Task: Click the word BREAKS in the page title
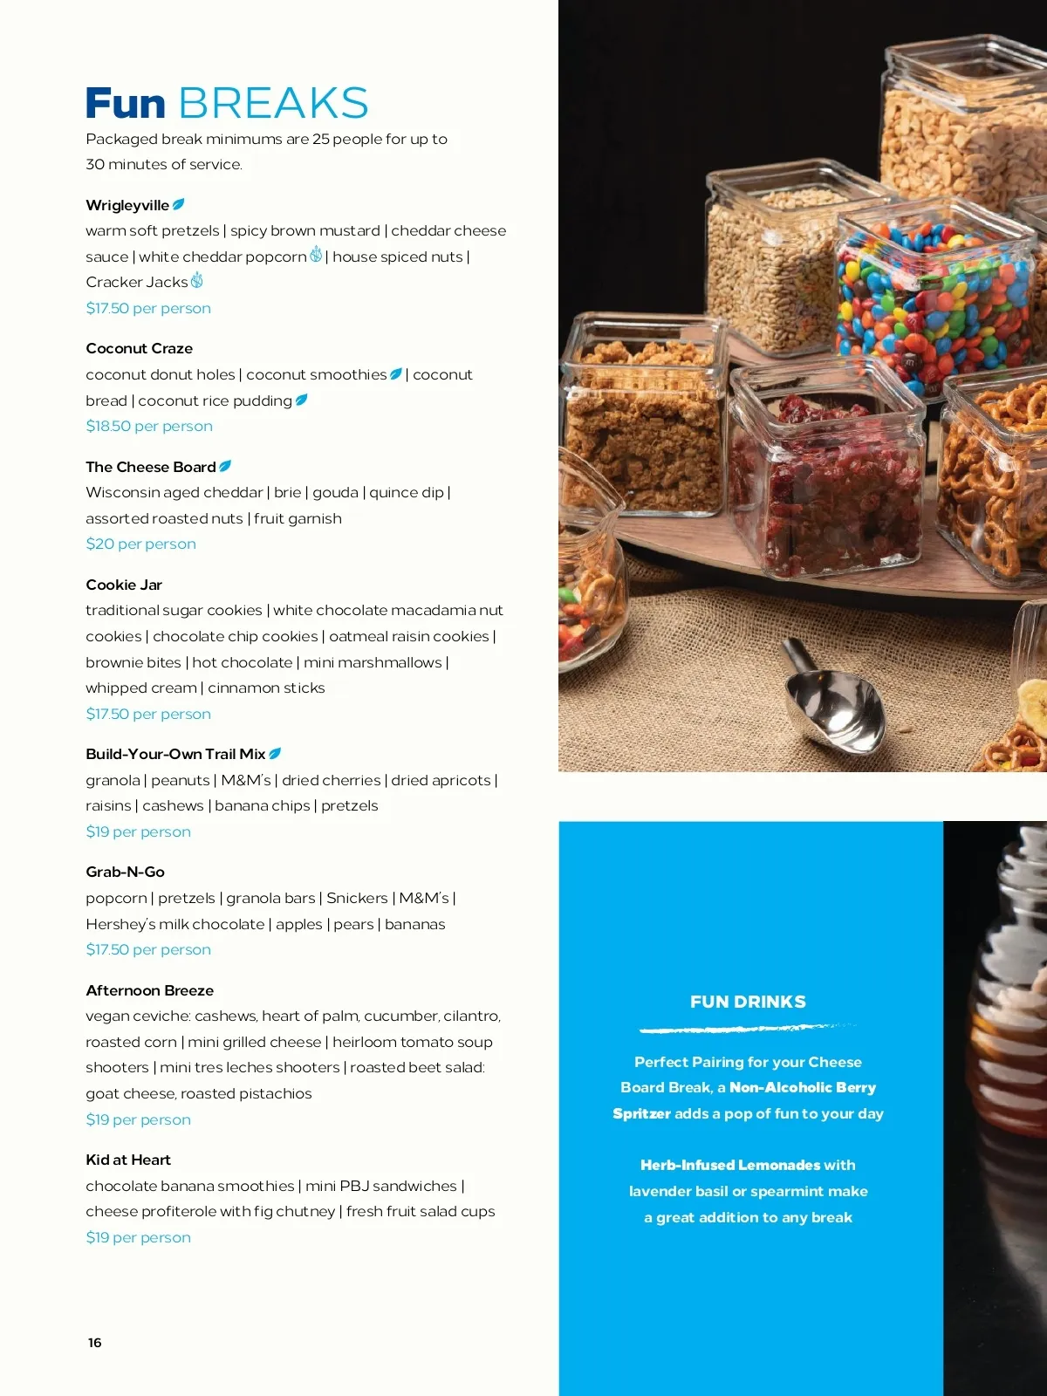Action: pyautogui.click(x=273, y=103)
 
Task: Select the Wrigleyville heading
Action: pyautogui.click(x=127, y=205)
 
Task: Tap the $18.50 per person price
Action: pyautogui.click(x=149, y=426)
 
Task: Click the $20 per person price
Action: pyautogui.click(x=140, y=544)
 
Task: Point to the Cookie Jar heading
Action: pyautogui.click(x=124, y=585)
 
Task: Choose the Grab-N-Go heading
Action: pyautogui.click(x=125, y=872)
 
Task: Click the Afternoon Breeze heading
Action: pyautogui.click(x=149, y=990)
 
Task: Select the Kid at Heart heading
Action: pyautogui.click(x=128, y=1160)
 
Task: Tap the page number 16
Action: pyautogui.click(x=95, y=1342)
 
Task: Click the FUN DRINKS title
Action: pyautogui.click(x=748, y=1002)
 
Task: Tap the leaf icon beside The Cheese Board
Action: pyautogui.click(x=225, y=466)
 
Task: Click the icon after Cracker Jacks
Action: pyautogui.click(x=197, y=280)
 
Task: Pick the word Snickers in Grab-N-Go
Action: pyautogui.click(x=357, y=898)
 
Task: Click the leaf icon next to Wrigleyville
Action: pyautogui.click(x=179, y=204)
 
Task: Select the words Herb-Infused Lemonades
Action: pyautogui.click(x=729, y=1165)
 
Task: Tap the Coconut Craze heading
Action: pyautogui.click(x=139, y=348)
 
